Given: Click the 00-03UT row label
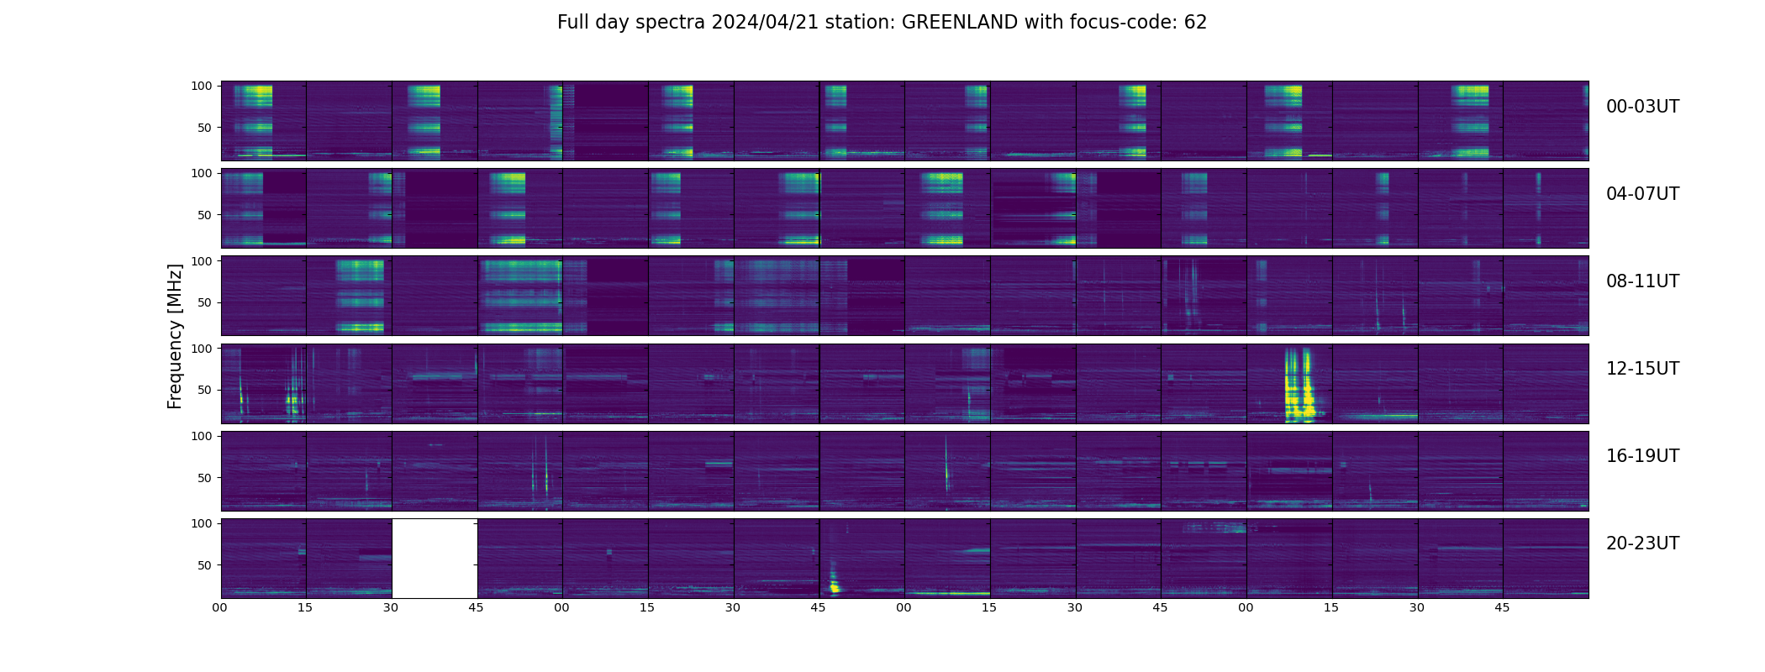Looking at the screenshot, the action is [x=1642, y=107].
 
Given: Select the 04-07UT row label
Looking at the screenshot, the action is [x=1642, y=194].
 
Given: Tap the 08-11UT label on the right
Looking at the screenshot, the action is [x=1642, y=281].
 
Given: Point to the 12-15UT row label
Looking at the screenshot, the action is [x=1642, y=369].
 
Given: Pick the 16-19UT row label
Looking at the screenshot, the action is [x=1642, y=456].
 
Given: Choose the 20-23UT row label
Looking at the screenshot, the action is [x=1642, y=543].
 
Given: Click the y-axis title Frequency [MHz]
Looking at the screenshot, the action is [x=175, y=336].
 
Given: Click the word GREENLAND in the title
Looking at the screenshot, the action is [x=960, y=23].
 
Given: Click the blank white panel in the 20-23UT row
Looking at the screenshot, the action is [x=435, y=559].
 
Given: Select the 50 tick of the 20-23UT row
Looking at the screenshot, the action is [x=203, y=565].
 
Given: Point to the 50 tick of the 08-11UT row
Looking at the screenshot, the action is [x=203, y=302].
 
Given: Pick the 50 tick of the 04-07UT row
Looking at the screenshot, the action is [x=203, y=215].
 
